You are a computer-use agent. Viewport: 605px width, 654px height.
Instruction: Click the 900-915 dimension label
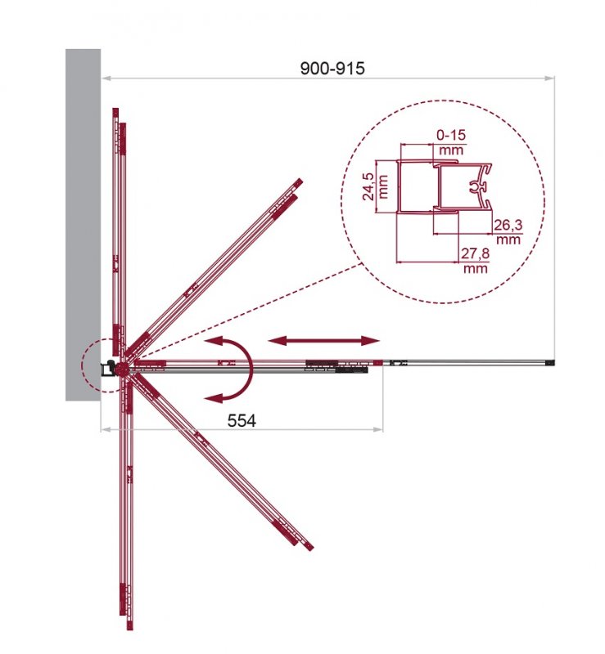click(332, 68)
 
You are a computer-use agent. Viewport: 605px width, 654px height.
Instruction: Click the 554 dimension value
click(242, 420)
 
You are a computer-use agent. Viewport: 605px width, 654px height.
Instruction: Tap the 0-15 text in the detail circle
click(451, 135)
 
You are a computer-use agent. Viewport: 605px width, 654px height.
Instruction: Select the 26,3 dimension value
click(508, 225)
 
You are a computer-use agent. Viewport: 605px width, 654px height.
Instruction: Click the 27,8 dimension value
click(475, 253)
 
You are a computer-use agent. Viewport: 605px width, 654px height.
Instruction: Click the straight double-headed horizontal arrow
click(324, 341)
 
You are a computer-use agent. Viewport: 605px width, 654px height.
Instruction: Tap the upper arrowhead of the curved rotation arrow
click(214, 341)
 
